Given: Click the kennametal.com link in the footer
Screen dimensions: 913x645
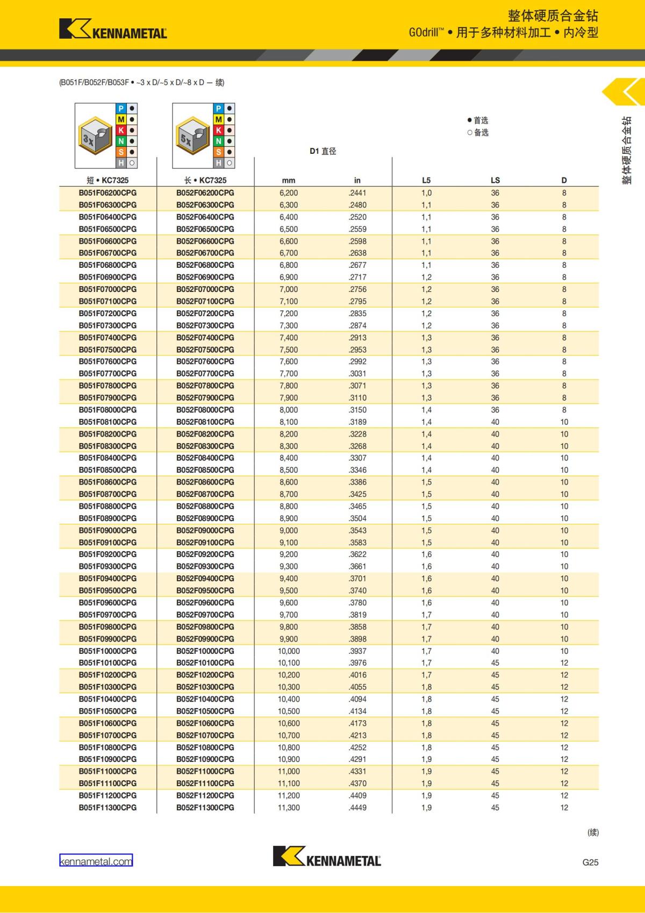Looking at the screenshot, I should (x=96, y=861).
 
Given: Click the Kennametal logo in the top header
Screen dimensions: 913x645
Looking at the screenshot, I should (x=113, y=29).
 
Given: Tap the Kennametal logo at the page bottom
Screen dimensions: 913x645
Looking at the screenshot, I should (x=327, y=856).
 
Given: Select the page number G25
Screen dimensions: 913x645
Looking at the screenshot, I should (x=590, y=862).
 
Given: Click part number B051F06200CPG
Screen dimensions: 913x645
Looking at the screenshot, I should (x=107, y=192).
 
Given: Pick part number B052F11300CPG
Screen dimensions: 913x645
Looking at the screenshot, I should (x=205, y=807).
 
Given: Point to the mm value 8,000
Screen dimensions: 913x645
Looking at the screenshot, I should (x=289, y=410).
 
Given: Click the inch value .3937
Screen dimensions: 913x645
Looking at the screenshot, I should (x=357, y=651).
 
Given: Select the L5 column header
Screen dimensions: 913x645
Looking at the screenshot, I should (x=426, y=180).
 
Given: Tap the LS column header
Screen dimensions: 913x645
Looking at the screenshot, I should (x=495, y=180).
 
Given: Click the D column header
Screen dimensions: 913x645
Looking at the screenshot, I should (x=564, y=180).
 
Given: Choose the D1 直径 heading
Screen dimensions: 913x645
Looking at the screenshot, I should (x=322, y=151).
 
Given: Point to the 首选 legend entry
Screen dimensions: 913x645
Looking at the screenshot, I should (x=478, y=120).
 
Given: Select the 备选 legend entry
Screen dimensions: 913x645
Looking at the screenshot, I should (x=478, y=132).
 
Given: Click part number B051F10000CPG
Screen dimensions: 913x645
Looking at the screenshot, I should (x=107, y=651).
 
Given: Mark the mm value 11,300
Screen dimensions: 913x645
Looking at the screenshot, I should (x=289, y=807).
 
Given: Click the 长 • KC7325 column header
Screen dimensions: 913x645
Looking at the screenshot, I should (x=205, y=180).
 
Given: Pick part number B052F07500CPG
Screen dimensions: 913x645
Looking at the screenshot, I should (x=205, y=349).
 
